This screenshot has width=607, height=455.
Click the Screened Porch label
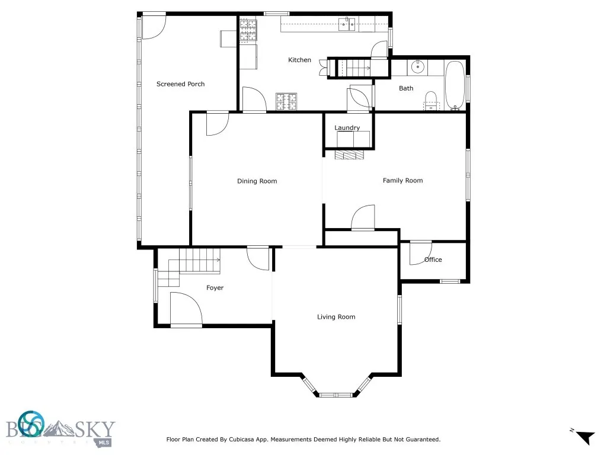tap(180, 84)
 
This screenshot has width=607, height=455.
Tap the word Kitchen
tap(299, 60)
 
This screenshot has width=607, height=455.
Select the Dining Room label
tap(257, 181)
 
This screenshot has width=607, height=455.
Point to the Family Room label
tap(402, 180)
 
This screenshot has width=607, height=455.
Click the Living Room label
tap(336, 317)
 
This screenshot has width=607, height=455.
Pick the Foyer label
tap(215, 288)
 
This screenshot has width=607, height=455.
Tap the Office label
tap(433, 259)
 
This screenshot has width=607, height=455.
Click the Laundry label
tap(347, 128)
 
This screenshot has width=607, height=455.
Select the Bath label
tap(406, 88)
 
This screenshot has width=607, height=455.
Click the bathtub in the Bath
tap(455, 85)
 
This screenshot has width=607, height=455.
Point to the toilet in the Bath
tap(430, 101)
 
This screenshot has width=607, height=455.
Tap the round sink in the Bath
tap(417, 67)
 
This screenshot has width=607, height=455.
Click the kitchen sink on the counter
tap(347, 24)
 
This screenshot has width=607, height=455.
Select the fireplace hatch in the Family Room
tap(349, 155)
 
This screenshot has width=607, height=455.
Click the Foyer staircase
tap(189, 267)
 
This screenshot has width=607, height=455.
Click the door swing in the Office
tap(420, 253)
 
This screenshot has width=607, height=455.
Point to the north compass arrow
tap(585, 437)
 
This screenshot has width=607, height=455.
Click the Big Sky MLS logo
tap(60, 430)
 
